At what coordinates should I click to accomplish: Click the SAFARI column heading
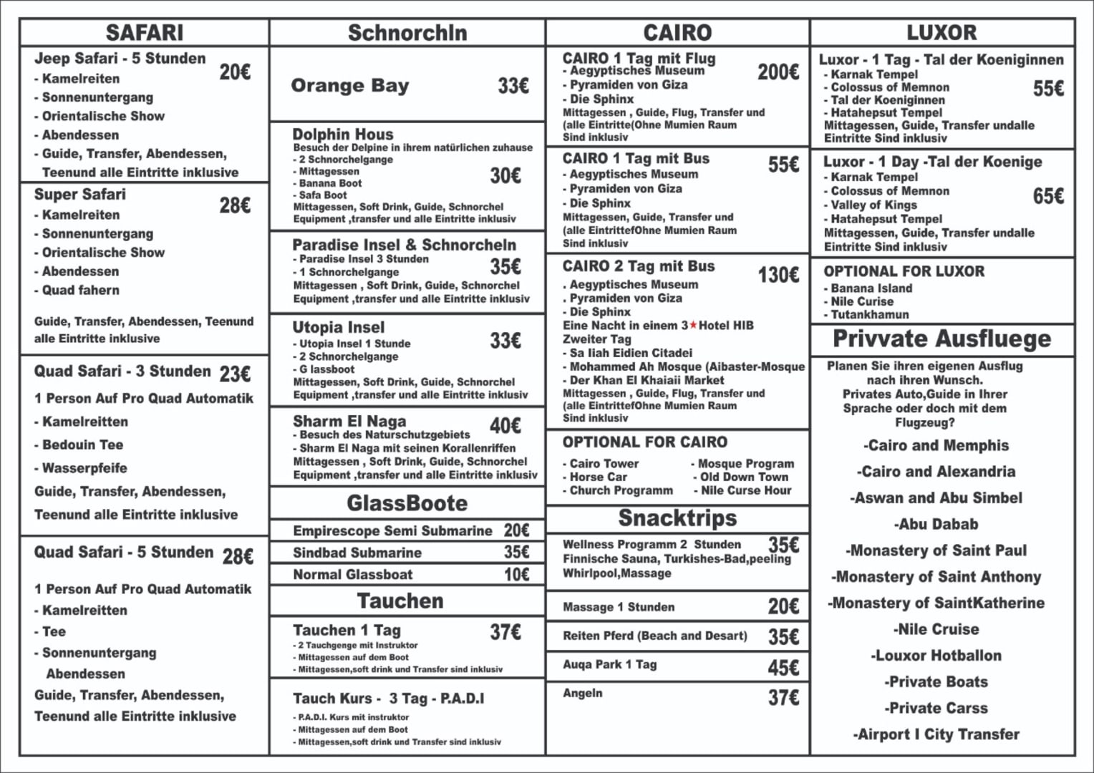click(145, 33)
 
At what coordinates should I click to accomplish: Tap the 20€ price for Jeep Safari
click(235, 72)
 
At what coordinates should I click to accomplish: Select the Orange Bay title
click(349, 86)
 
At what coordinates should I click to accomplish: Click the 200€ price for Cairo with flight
click(778, 72)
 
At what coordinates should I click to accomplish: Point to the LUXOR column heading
click(941, 33)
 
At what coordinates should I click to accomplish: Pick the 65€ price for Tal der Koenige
click(1048, 196)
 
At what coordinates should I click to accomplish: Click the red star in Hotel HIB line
click(693, 326)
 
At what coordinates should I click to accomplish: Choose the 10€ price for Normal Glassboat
click(516, 575)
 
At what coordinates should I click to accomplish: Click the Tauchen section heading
click(400, 601)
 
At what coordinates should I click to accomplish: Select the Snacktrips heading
click(677, 517)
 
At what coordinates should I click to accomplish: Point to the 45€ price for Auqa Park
click(783, 668)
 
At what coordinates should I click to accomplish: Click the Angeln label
click(583, 693)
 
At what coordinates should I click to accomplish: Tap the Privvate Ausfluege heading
click(941, 339)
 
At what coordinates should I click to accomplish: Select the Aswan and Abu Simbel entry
click(936, 498)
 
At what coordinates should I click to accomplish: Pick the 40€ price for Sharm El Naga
click(505, 426)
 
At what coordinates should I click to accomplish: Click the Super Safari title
click(80, 195)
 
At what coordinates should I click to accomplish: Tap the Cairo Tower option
click(604, 464)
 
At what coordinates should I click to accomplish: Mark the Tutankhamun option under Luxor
click(869, 314)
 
